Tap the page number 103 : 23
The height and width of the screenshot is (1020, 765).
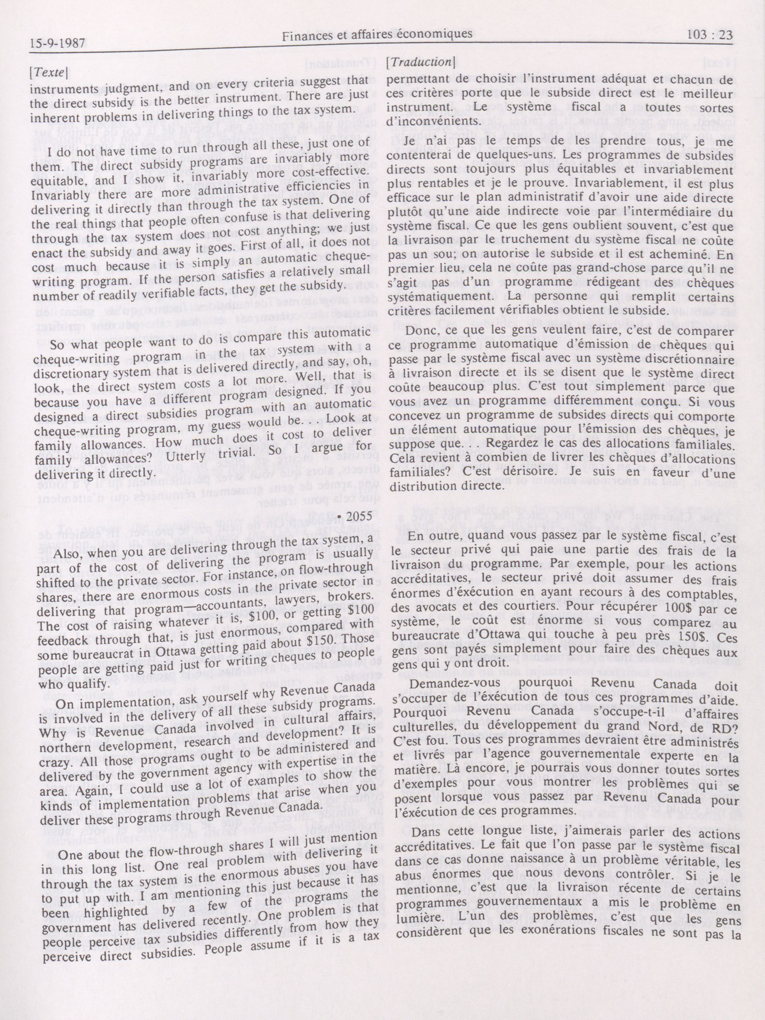[x=709, y=35]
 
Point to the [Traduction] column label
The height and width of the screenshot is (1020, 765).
[x=421, y=62]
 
